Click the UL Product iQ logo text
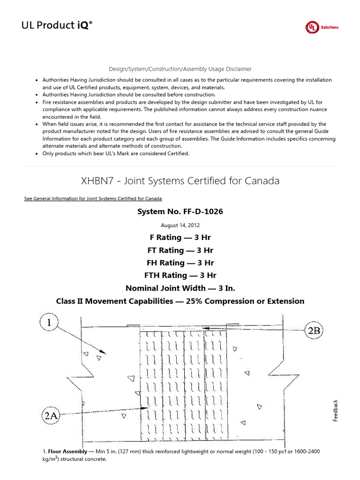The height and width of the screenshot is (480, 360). (x=57, y=26)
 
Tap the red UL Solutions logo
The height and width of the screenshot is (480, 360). (x=322, y=27)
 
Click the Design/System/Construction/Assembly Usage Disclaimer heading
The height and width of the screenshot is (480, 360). (x=180, y=69)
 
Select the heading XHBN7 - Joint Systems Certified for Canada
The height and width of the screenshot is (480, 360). (x=180, y=180)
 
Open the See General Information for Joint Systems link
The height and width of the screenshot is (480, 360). (x=93, y=199)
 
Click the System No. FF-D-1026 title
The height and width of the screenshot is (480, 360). (x=180, y=212)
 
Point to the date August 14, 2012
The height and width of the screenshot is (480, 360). (x=180, y=225)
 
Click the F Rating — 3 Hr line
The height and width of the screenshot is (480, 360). (x=180, y=238)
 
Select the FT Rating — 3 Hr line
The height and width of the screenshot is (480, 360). (x=180, y=250)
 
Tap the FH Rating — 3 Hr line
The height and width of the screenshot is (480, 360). (x=180, y=263)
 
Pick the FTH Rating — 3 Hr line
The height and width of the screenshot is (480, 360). (x=180, y=276)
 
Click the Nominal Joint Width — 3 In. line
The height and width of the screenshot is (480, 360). (x=180, y=288)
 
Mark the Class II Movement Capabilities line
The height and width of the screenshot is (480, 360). (x=180, y=301)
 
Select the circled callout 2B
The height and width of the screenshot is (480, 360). (x=314, y=331)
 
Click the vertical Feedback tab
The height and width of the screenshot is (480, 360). (x=335, y=410)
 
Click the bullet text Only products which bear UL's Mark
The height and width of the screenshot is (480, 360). (x=116, y=153)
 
